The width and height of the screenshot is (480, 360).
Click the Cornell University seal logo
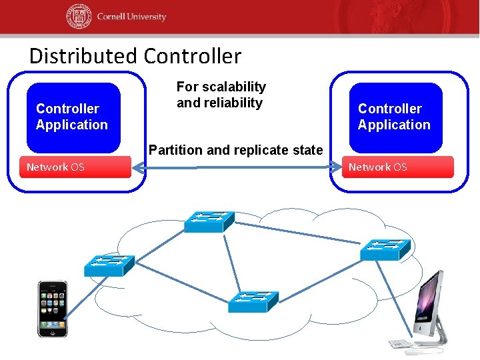(x=78, y=17)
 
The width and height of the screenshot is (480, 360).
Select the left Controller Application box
(x=73, y=117)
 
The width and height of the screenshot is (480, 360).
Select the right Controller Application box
(x=395, y=117)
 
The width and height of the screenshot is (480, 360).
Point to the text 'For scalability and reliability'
(x=221, y=95)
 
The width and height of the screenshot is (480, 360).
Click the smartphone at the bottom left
(x=52, y=308)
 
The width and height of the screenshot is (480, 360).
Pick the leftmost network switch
(x=109, y=265)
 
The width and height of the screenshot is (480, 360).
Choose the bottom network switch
(x=252, y=301)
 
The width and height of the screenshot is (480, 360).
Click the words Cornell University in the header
(x=131, y=17)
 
